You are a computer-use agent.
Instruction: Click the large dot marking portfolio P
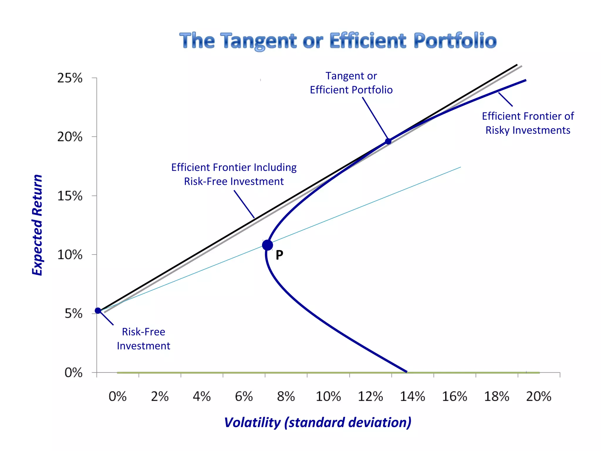click(x=267, y=245)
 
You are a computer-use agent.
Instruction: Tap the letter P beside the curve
click(x=279, y=255)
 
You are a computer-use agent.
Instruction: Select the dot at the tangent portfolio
click(x=388, y=142)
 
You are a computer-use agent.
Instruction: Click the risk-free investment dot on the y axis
click(x=98, y=311)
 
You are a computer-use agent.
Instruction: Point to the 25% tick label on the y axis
click(x=70, y=78)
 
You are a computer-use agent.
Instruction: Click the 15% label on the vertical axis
click(x=70, y=196)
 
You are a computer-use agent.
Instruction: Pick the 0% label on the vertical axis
click(x=73, y=373)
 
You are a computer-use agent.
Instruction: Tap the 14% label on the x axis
click(x=412, y=397)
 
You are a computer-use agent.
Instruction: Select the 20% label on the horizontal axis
click(x=538, y=397)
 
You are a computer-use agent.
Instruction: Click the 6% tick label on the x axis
click(x=244, y=397)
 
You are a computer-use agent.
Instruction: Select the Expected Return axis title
click(x=37, y=225)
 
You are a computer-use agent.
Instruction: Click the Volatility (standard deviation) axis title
click(x=318, y=423)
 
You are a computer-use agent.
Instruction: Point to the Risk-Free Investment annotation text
click(x=144, y=339)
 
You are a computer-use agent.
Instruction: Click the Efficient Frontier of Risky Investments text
click(x=528, y=123)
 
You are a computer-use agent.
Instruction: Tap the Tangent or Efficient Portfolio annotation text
click(x=351, y=83)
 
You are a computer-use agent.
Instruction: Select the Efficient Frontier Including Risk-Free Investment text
click(x=234, y=174)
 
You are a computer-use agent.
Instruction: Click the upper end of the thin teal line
click(x=460, y=167)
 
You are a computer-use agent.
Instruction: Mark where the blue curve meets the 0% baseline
click(x=406, y=372)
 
